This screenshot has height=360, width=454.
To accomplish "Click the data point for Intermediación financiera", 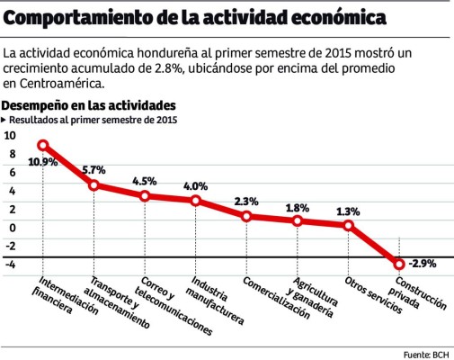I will (42, 146).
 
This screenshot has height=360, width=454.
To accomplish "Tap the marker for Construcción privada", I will (399, 264).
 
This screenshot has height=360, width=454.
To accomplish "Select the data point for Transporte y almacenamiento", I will (93, 185).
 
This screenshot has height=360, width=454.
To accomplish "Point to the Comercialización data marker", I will (246, 216).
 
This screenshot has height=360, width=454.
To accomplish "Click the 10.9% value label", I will (42, 162).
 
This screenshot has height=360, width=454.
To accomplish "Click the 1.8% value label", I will (297, 208).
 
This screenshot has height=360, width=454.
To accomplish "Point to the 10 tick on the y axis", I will (10, 135).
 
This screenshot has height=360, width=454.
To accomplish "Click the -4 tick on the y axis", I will (10, 264).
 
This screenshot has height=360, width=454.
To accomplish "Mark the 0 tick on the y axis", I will (12, 227).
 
